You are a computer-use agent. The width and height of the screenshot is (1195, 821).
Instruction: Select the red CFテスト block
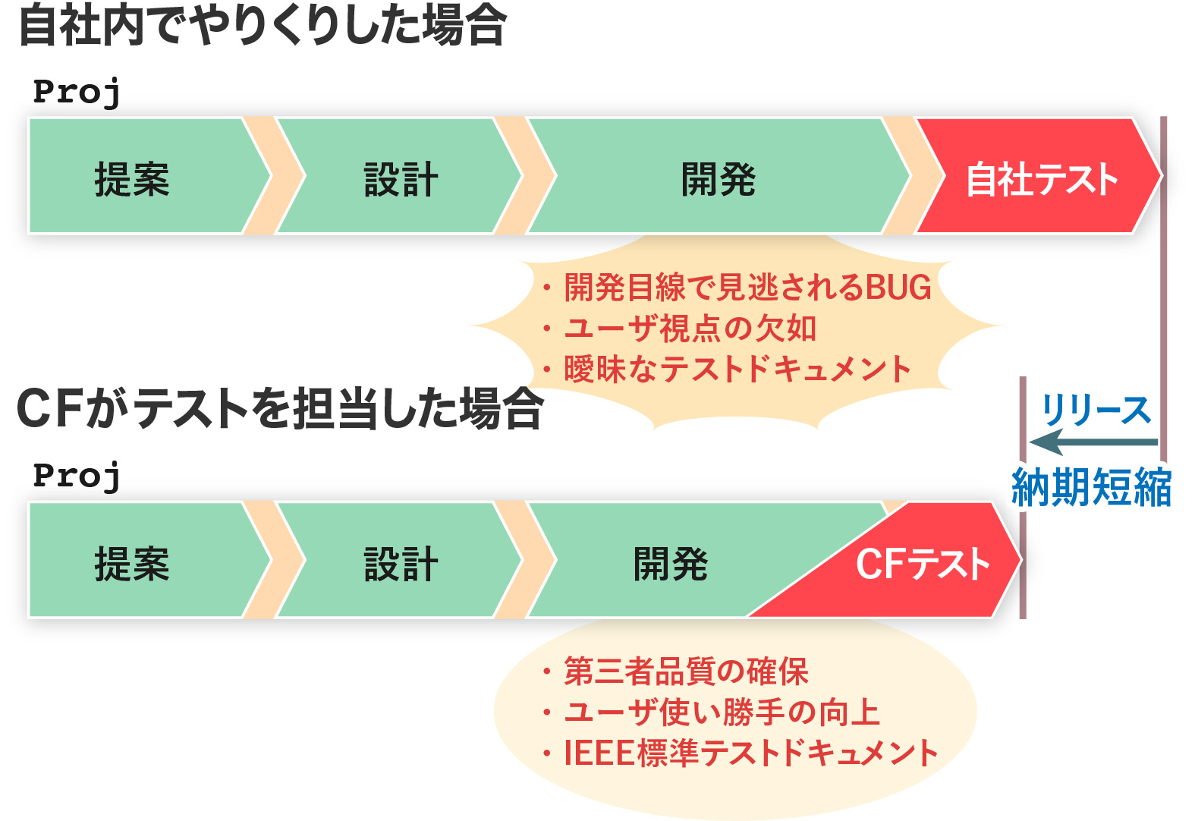(x=907, y=565)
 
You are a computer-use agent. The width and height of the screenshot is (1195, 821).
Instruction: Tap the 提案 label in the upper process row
(x=132, y=179)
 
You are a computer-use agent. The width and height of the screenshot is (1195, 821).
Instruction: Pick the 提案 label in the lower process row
(x=132, y=564)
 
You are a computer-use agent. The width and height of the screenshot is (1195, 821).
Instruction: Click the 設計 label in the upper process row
(x=401, y=179)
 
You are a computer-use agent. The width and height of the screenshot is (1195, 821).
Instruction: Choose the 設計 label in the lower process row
(x=401, y=564)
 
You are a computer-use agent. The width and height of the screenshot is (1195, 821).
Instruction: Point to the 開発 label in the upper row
(x=718, y=179)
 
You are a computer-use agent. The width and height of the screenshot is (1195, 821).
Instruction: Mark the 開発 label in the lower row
(x=670, y=564)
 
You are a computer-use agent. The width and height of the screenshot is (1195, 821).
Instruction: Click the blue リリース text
(x=1096, y=410)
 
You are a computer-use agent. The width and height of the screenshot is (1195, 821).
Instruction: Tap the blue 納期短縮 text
(x=1091, y=486)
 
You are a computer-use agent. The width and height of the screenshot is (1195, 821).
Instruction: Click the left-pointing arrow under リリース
(x=1093, y=442)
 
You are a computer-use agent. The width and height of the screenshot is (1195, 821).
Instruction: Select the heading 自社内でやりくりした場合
(x=262, y=25)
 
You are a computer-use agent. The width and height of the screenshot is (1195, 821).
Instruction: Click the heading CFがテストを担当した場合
(x=280, y=409)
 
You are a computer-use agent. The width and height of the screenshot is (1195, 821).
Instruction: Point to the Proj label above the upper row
(x=77, y=93)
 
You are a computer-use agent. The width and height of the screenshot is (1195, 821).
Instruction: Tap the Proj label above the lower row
(x=77, y=477)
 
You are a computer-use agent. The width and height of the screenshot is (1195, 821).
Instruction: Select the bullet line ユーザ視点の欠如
(x=679, y=328)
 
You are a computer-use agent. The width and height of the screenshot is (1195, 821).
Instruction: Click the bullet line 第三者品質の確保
(x=675, y=671)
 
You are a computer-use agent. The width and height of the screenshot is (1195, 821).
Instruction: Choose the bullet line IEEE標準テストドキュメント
(x=740, y=753)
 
